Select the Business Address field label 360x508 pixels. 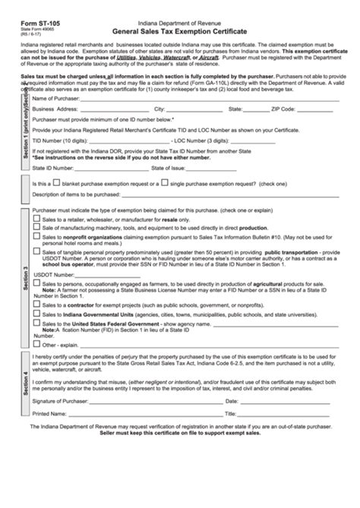point(55,109)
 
